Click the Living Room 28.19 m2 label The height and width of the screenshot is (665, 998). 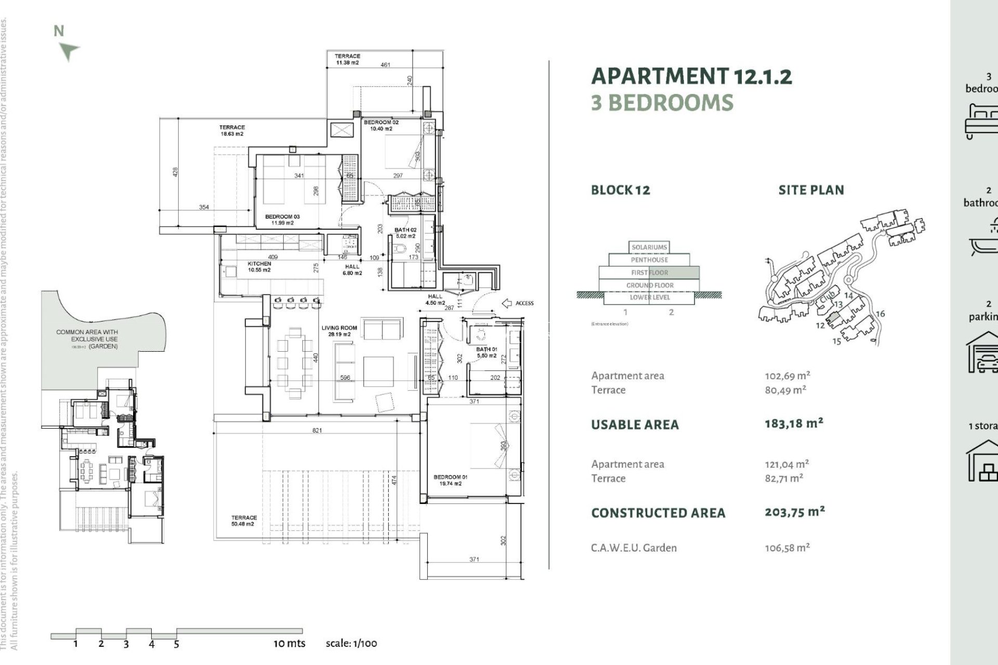point(339,331)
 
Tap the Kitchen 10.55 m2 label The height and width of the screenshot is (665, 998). point(259,267)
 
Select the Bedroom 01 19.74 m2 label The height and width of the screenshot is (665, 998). point(450,480)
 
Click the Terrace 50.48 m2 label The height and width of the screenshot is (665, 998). point(244,521)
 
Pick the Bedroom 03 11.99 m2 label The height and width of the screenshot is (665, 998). point(282,220)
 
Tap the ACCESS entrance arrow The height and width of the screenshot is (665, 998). point(507,303)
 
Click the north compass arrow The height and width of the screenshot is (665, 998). point(68,51)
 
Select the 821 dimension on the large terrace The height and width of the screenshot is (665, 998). point(317,430)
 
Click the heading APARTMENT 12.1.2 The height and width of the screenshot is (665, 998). point(691,76)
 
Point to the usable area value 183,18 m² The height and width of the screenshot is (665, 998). point(794,423)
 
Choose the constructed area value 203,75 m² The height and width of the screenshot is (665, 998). point(794,512)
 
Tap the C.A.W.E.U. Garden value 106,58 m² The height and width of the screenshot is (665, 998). point(787,548)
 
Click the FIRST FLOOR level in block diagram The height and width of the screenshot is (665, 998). point(649,272)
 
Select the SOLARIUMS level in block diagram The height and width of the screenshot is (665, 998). point(649,247)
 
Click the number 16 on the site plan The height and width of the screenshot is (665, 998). point(880,314)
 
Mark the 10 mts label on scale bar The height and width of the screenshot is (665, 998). point(290,643)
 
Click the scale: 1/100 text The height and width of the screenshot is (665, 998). point(351,643)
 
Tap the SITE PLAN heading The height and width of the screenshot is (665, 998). point(811,190)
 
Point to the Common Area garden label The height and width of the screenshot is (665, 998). point(87,339)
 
